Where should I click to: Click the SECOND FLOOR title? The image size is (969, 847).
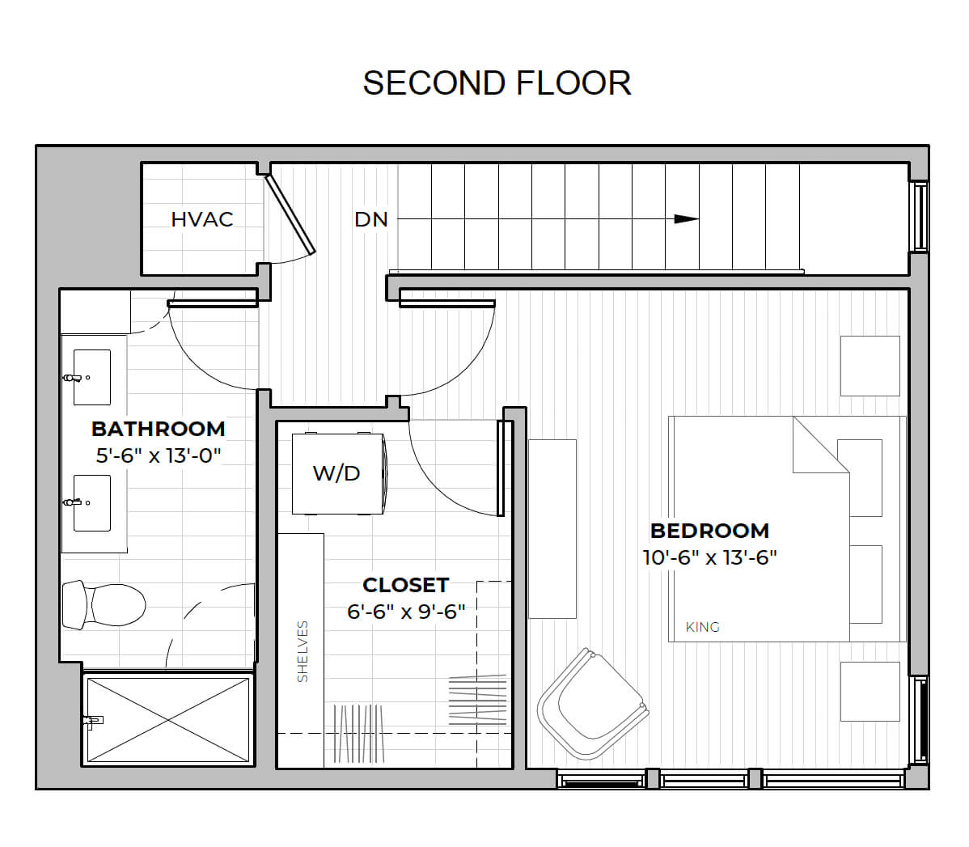coord(497,83)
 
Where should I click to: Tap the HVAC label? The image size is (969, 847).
coord(202,219)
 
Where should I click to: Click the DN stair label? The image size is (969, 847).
coord(370,219)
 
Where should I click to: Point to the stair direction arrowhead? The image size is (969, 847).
coord(687,219)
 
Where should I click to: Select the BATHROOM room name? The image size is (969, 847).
coord(159,429)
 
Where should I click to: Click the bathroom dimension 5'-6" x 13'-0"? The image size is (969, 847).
coord(159,455)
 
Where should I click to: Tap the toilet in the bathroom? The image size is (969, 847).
coord(104,604)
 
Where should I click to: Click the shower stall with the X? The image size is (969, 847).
coord(168,720)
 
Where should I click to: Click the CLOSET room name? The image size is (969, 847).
coord(405,585)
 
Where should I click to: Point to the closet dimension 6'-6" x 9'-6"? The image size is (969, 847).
coord(406,612)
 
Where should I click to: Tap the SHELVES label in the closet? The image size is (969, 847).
coord(303,652)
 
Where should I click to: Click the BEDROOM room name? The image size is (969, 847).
coord(709,531)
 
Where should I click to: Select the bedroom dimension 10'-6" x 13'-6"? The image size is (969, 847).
coord(709,557)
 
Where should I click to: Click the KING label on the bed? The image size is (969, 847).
coord(703,627)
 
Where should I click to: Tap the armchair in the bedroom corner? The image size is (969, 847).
coord(593,704)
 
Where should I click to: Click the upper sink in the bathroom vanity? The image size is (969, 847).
coord(92,377)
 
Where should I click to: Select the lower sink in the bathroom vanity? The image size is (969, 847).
coord(92,502)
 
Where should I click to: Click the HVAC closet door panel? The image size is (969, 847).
coord(290,214)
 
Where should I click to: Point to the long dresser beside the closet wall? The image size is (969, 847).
coord(552,528)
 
